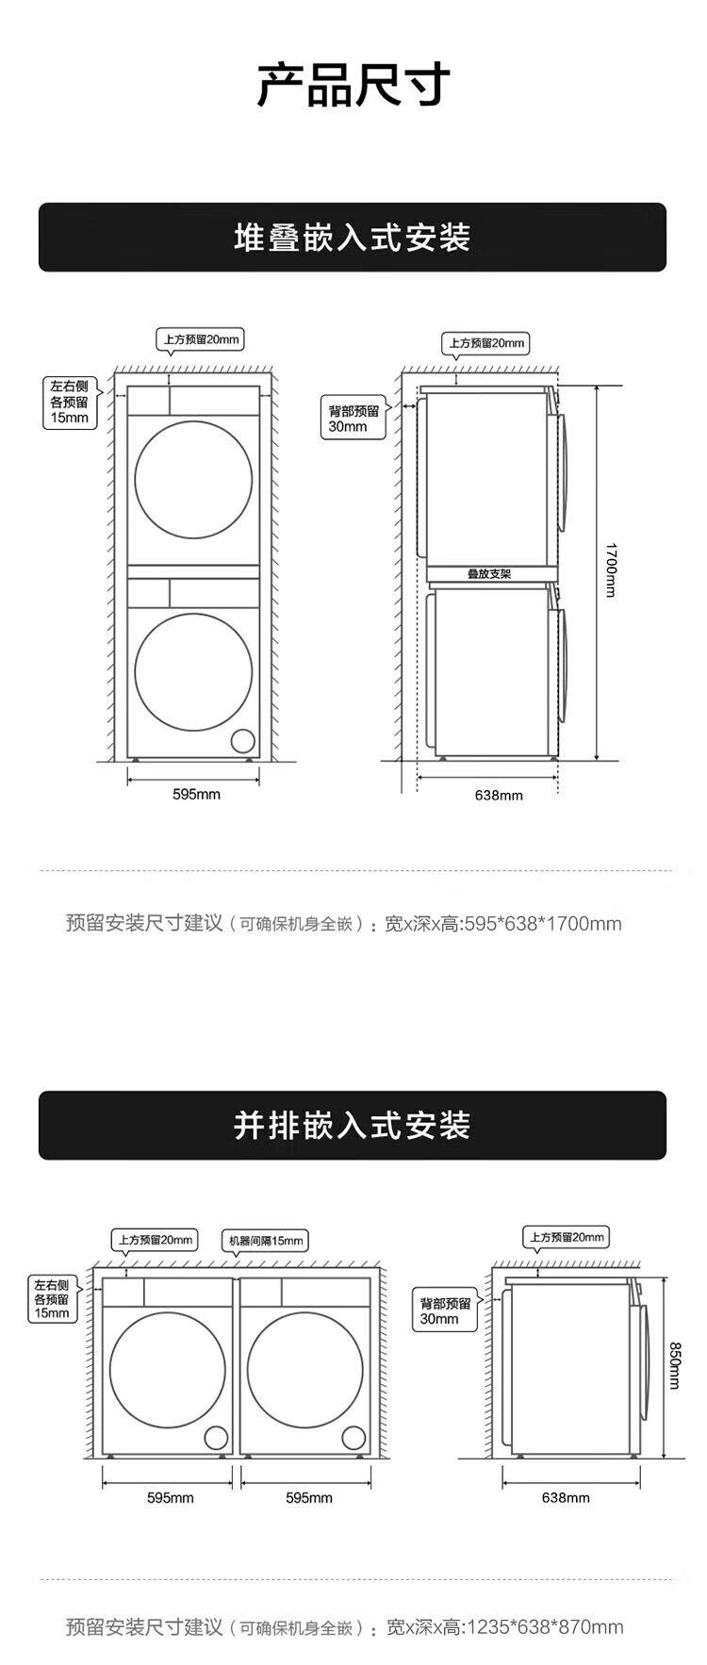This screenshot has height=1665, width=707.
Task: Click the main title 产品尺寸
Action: point(353,85)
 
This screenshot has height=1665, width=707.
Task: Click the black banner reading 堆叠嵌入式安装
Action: point(353,238)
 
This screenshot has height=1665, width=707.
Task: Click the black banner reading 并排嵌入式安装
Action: point(353,1125)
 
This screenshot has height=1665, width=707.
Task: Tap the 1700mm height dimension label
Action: point(610,570)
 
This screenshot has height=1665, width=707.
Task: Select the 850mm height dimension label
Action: point(674,1365)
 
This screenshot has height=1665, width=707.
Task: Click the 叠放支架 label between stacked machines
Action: point(489,573)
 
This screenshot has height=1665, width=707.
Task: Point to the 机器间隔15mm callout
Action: point(267,1241)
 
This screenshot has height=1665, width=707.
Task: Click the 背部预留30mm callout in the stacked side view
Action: point(353,419)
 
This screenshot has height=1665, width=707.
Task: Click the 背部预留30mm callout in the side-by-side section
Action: point(445,1311)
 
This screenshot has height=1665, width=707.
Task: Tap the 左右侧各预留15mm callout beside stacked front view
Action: point(70,403)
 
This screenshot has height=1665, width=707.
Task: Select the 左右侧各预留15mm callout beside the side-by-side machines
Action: point(52,1298)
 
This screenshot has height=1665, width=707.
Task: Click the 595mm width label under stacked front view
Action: point(196,794)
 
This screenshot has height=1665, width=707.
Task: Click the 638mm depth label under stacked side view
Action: point(499,795)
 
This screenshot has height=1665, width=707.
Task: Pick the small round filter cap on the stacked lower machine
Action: point(243,740)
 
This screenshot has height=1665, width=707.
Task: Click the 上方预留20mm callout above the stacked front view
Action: point(200,339)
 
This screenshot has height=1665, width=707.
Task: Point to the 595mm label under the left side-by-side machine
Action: point(171,1497)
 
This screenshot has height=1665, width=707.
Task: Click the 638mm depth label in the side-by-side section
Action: point(566,1497)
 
